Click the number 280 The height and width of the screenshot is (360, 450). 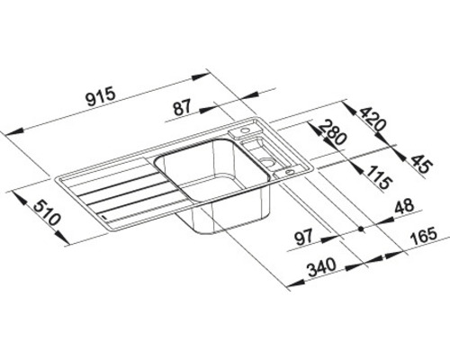click(332, 138)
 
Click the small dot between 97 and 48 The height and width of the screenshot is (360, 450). click(361, 229)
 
